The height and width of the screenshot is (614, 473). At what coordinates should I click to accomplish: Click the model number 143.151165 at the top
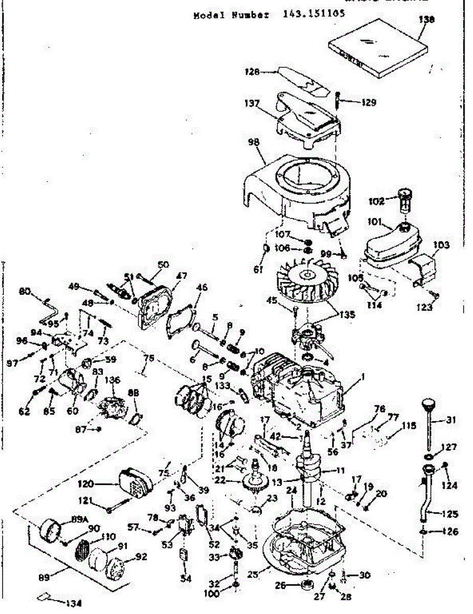tap(313, 14)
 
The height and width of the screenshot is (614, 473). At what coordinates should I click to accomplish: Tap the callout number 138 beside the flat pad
tap(426, 20)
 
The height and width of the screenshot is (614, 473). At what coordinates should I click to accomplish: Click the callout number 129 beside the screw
tap(368, 102)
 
